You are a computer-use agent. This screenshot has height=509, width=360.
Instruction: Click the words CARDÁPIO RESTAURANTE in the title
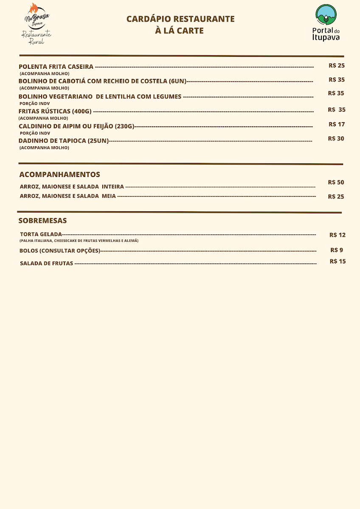180,19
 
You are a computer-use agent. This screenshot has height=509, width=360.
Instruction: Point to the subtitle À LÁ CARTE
180,31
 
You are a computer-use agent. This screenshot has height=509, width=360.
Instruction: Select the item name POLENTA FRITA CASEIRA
56,67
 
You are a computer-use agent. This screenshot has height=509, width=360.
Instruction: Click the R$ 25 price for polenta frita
337,66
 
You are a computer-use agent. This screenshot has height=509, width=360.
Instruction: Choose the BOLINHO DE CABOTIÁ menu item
102,81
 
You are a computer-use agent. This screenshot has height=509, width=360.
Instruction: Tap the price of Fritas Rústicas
337,110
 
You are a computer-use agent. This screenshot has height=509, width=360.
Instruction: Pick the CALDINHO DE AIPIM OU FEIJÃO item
76,126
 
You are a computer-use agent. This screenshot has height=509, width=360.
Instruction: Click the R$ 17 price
337,124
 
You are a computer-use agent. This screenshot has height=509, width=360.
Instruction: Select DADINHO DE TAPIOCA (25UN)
64,141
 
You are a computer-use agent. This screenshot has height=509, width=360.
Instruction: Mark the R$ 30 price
336,139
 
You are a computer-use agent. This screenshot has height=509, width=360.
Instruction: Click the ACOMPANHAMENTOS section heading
60,174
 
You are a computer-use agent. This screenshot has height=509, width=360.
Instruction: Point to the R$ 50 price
336,182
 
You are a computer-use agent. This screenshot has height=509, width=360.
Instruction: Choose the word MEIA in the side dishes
109,196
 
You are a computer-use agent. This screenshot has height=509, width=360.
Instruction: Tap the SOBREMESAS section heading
42,221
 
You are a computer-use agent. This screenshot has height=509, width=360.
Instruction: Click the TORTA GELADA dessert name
41,234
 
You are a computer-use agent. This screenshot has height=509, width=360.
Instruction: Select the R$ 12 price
337,235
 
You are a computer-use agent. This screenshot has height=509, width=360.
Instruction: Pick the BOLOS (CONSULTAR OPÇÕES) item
59,251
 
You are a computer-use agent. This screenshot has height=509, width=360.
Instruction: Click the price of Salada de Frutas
337,261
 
